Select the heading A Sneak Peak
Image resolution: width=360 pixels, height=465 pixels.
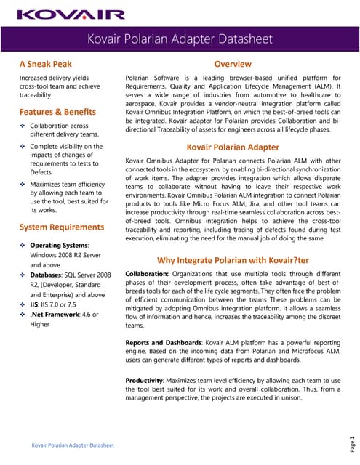point(47,64)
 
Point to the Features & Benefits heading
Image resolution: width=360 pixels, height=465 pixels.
point(57,112)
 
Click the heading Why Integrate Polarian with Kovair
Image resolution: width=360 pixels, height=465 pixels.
point(233,260)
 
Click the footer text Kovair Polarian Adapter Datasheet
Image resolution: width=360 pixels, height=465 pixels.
point(71,445)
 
